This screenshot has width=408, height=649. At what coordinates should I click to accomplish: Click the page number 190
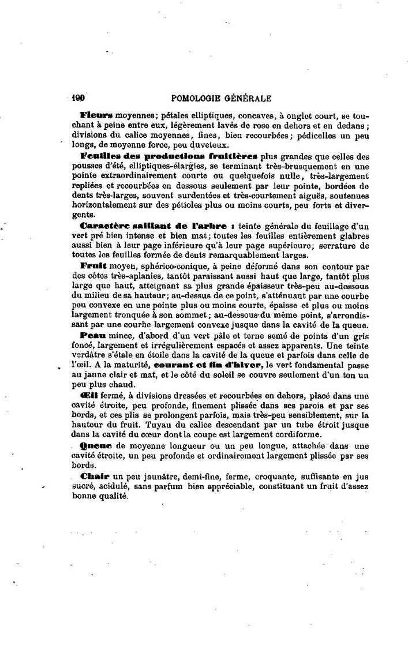(78, 99)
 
